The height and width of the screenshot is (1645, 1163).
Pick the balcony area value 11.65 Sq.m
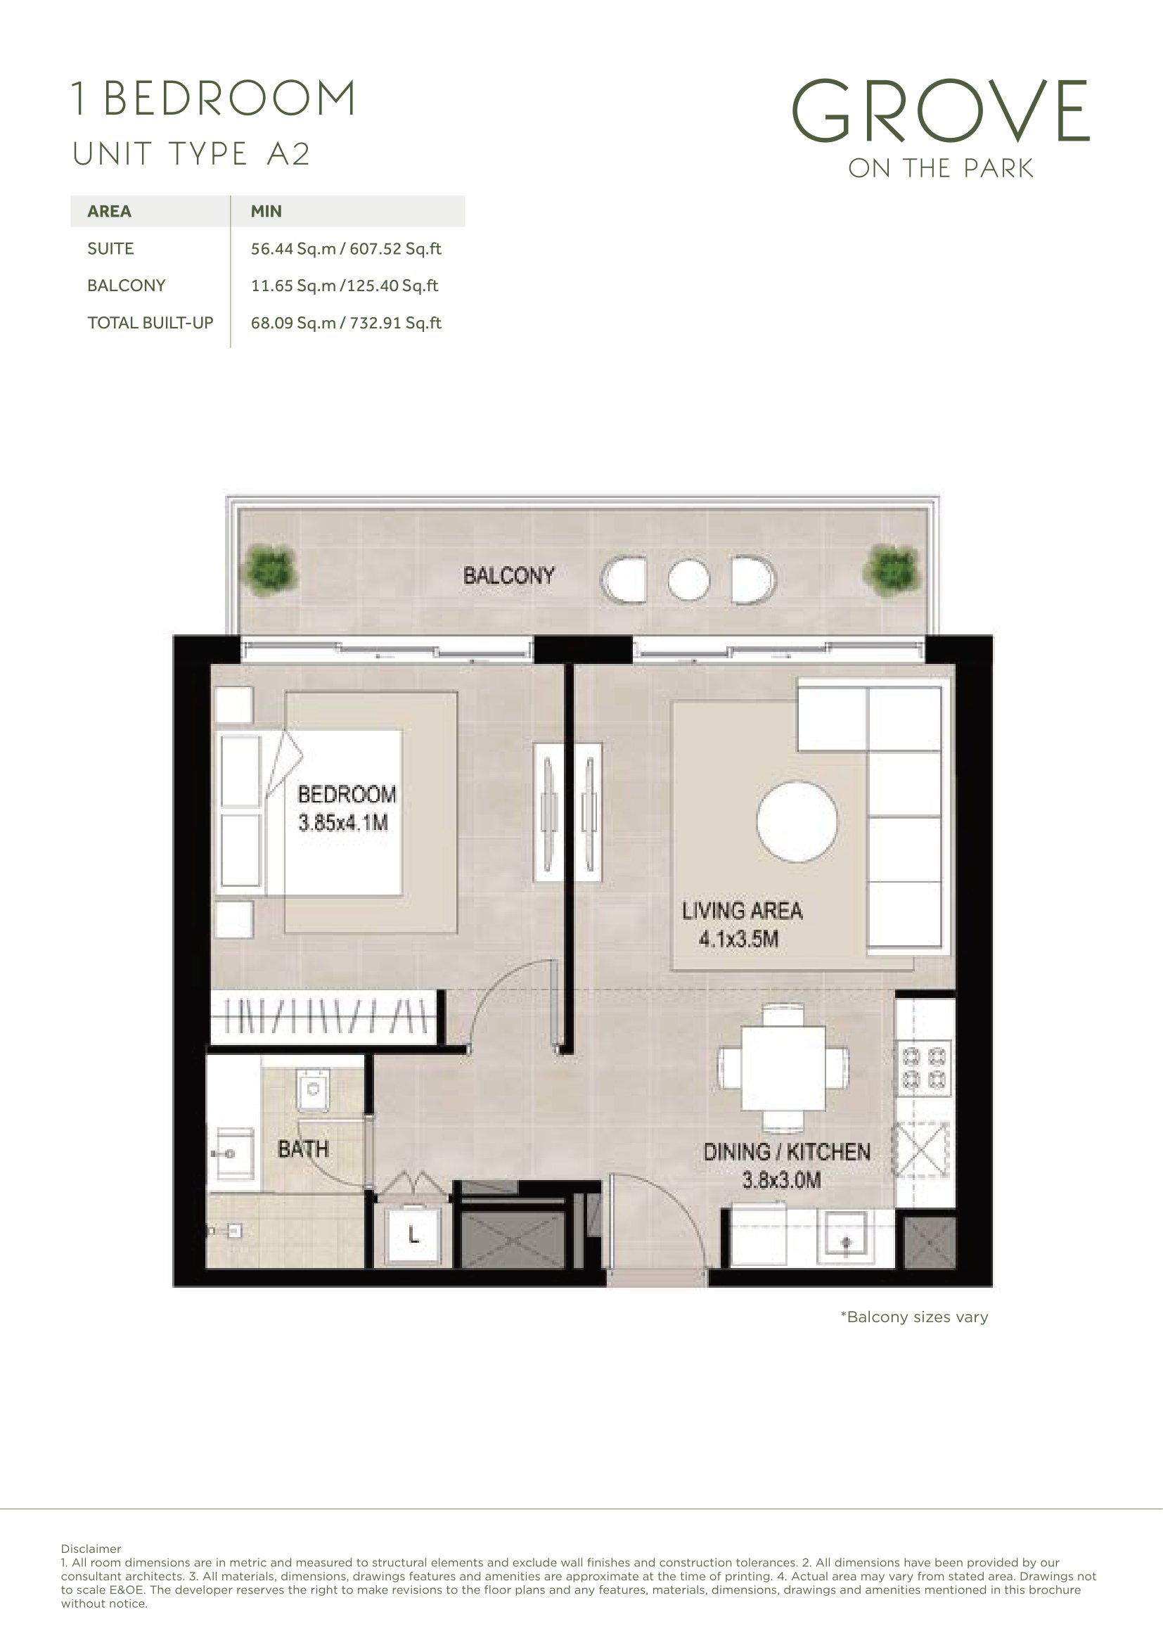[x=294, y=286]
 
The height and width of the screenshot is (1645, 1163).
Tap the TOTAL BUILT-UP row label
[x=150, y=323]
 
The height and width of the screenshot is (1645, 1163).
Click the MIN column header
[x=266, y=212]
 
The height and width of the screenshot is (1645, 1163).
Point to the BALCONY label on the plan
[x=508, y=575]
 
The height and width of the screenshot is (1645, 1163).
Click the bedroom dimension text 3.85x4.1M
[x=343, y=823]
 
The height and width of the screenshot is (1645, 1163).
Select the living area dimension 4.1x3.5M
[x=738, y=939]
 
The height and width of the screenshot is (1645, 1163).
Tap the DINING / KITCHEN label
[x=786, y=1152]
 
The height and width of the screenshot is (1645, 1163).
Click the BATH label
[x=303, y=1149]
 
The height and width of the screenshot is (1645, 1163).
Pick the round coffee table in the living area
[x=797, y=821]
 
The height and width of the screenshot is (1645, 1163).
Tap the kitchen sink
[x=845, y=1236]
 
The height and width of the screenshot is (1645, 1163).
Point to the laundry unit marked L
[x=413, y=1234]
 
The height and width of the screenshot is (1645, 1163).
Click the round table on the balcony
[x=689, y=579]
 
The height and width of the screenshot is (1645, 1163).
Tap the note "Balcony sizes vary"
[x=915, y=1317]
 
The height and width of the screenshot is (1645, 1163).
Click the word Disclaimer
[x=91, y=1549]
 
